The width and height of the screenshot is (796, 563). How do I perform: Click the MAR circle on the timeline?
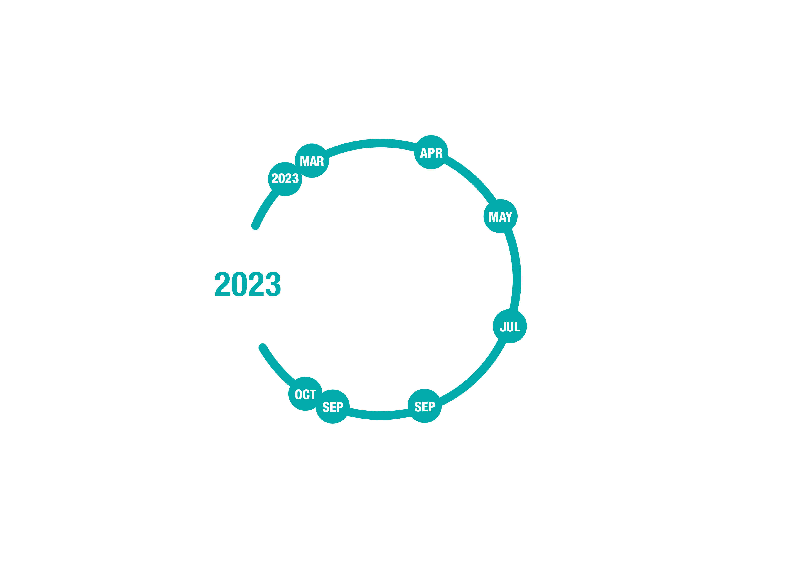click(312, 160)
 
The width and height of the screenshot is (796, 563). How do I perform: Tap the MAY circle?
click(500, 216)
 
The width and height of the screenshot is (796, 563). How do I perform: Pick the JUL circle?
click(510, 326)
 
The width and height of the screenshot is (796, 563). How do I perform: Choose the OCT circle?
click(305, 394)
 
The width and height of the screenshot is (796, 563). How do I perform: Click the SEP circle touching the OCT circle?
click(332, 406)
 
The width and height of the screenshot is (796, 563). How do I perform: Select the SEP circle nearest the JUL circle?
click(424, 405)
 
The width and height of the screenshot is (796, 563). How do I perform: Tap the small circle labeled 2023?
click(285, 179)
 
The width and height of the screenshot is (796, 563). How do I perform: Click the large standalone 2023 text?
click(248, 284)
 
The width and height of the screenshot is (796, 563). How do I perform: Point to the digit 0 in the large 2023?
click(239, 284)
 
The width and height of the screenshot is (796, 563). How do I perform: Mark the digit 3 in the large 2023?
click(273, 284)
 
